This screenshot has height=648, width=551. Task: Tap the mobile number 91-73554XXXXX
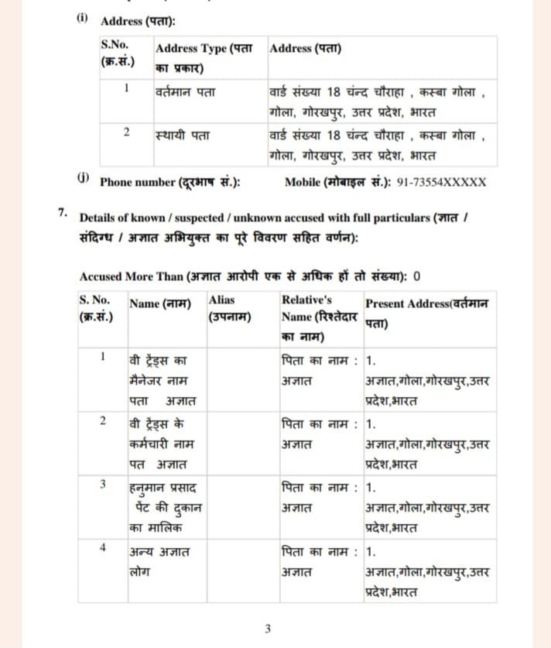(x=442, y=183)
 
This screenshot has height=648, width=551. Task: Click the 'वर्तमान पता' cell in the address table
(x=186, y=92)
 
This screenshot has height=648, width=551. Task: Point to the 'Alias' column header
(x=222, y=300)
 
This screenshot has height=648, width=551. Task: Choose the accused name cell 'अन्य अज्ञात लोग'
(x=159, y=562)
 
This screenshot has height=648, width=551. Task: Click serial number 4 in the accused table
(x=102, y=547)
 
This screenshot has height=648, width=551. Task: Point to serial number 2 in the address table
(x=126, y=132)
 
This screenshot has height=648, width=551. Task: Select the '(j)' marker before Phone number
(x=83, y=180)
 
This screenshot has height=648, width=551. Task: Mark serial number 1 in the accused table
(x=102, y=357)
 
